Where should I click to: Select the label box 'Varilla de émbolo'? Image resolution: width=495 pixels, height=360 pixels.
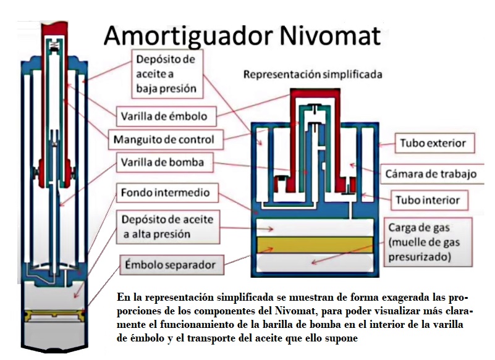163,115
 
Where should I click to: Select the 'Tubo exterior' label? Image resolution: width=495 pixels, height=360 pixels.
433,144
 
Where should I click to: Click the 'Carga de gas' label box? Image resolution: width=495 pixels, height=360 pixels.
427,241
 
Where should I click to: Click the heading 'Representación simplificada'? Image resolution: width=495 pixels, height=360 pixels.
313,75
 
